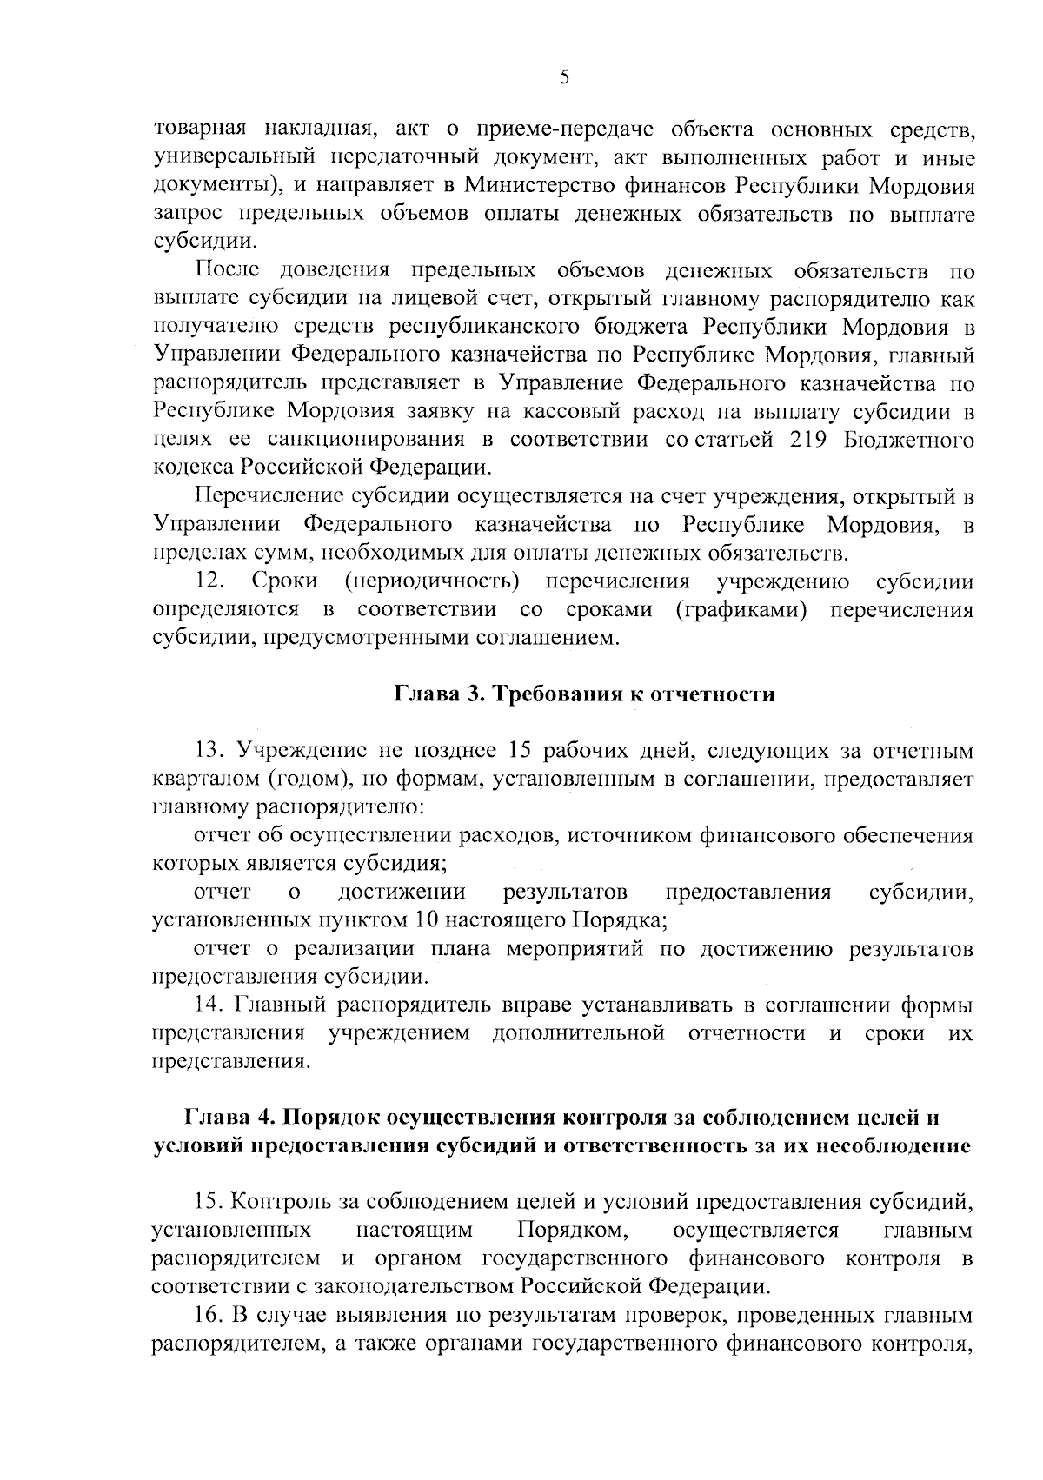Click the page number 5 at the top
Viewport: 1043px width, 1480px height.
click(x=565, y=78)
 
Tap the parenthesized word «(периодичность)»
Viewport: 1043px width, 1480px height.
click(x=432, y=581)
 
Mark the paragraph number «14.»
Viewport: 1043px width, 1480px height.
click(x=211, y=1005)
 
